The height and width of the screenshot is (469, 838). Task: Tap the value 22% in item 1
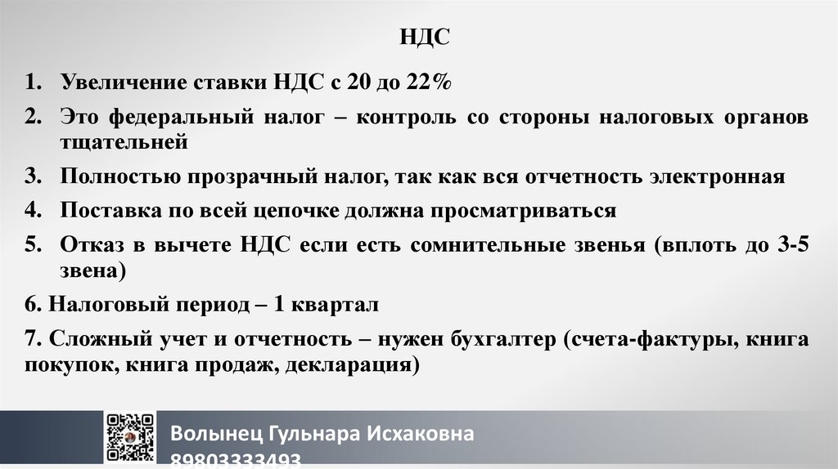[430, 83]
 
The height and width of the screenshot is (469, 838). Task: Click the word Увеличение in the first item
[123, 83]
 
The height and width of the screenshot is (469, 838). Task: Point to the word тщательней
[124, 141]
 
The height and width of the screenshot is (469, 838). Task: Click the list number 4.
[33, 211]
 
